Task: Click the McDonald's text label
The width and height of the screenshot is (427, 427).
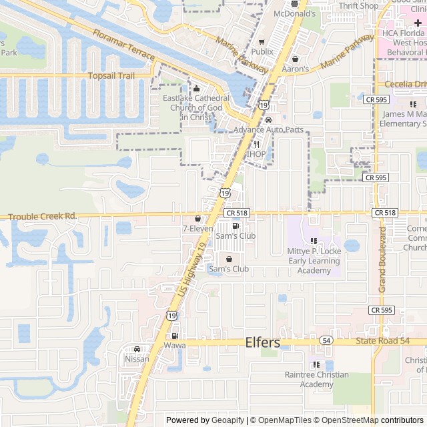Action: [x=294, y=13]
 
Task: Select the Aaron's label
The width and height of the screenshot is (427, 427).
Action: [x=295, y=69]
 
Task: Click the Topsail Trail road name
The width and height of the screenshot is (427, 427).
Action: [x=112, y=76]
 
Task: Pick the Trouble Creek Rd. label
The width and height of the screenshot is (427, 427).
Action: [x=42, y=216]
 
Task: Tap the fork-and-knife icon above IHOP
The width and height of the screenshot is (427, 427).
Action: [x=256, y=144]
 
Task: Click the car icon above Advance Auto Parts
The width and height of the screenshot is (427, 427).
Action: [x=268, y=119]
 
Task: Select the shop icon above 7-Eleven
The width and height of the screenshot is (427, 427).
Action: [x=197, y=218]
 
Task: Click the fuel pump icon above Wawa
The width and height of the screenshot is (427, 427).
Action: [x=175, y=336]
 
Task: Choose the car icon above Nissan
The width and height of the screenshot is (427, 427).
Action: [x=137, y=349]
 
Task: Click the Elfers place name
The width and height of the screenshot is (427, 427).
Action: [x=263, y=342]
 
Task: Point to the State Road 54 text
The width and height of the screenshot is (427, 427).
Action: [x=382, y=341]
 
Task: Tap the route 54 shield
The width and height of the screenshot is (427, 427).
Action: [x=326, y=340]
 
